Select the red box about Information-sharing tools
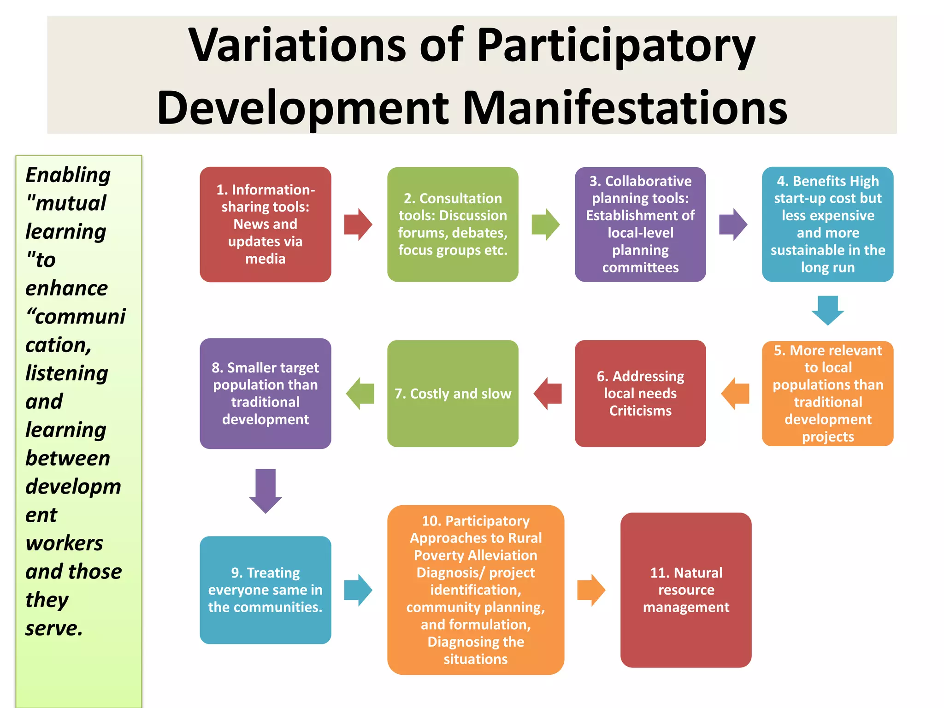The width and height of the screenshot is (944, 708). coord(265,224)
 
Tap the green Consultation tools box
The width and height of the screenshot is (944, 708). coord(453,224)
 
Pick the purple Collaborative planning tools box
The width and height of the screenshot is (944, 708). coord(640,224)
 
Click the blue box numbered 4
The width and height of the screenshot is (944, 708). coord(827,224)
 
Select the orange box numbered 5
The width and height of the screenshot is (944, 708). coord(827,393)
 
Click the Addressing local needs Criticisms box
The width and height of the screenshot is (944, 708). coord(640,393)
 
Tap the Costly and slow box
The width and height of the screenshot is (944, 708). coord(453,393)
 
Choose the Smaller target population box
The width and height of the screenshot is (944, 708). coord(265,393)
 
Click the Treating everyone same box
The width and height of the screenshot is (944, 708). coord(265,590)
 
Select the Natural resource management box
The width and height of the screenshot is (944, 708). coord(686,590)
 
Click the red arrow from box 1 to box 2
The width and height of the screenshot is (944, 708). coord(358,224)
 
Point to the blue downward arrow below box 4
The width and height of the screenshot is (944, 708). coord(827,310)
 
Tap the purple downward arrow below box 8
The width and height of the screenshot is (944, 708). coord(265,490)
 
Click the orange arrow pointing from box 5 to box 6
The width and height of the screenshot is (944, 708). coord(735,394)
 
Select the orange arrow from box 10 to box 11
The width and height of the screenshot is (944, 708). coord(591,590)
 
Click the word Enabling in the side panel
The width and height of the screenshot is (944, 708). coord(68,175)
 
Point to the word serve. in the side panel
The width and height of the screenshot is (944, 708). coord(54,628)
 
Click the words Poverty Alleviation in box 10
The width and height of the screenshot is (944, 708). coord(476,555)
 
